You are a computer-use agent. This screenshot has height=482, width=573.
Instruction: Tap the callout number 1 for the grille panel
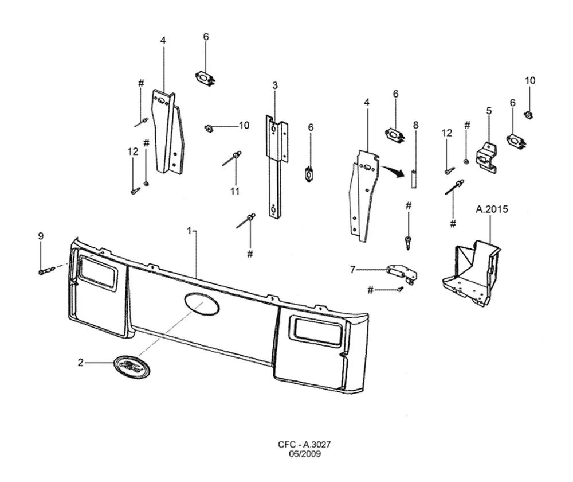pos(189,231)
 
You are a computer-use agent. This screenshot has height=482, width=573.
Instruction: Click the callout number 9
pos(41,236)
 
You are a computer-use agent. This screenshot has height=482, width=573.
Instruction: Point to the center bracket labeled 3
pos(276,166)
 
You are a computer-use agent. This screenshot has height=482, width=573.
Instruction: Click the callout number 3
pos(275,85)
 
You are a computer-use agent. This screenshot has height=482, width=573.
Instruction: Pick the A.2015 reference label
pos(492,209)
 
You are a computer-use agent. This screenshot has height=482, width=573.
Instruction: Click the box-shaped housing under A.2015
pos(471,273)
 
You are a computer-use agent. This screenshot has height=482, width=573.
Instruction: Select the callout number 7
pos(352,270)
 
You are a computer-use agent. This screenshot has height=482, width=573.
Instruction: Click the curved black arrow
pos(393,171)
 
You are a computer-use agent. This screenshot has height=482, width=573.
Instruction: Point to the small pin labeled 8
pos(414,179)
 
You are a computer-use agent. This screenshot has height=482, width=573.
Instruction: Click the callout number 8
pos(415,125)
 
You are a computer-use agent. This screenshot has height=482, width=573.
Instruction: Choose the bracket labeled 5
pos(486,157)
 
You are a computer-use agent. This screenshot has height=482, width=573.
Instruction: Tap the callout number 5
pos(489,111)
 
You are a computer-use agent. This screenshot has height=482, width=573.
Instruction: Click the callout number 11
pos(234,191)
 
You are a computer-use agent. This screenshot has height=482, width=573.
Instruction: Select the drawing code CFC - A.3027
pos(304,444)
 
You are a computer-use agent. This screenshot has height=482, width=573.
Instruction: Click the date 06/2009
pos(305,454)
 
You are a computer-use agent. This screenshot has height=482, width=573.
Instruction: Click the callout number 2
pos(80,363)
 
